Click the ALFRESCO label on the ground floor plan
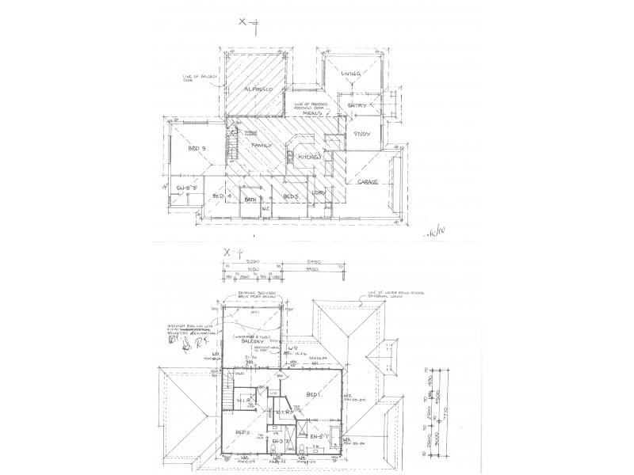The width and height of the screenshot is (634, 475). tap(258, 89)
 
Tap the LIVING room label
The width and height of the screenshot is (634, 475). tap(350, 74)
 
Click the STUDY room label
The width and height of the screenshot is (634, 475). tap(362, 134)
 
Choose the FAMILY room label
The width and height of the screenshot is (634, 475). tap(262, 146)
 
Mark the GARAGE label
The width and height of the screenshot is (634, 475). tap(367, 181)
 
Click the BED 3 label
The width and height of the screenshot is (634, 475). tap(197, 149)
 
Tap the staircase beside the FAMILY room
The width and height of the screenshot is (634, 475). tap(233, 145)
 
